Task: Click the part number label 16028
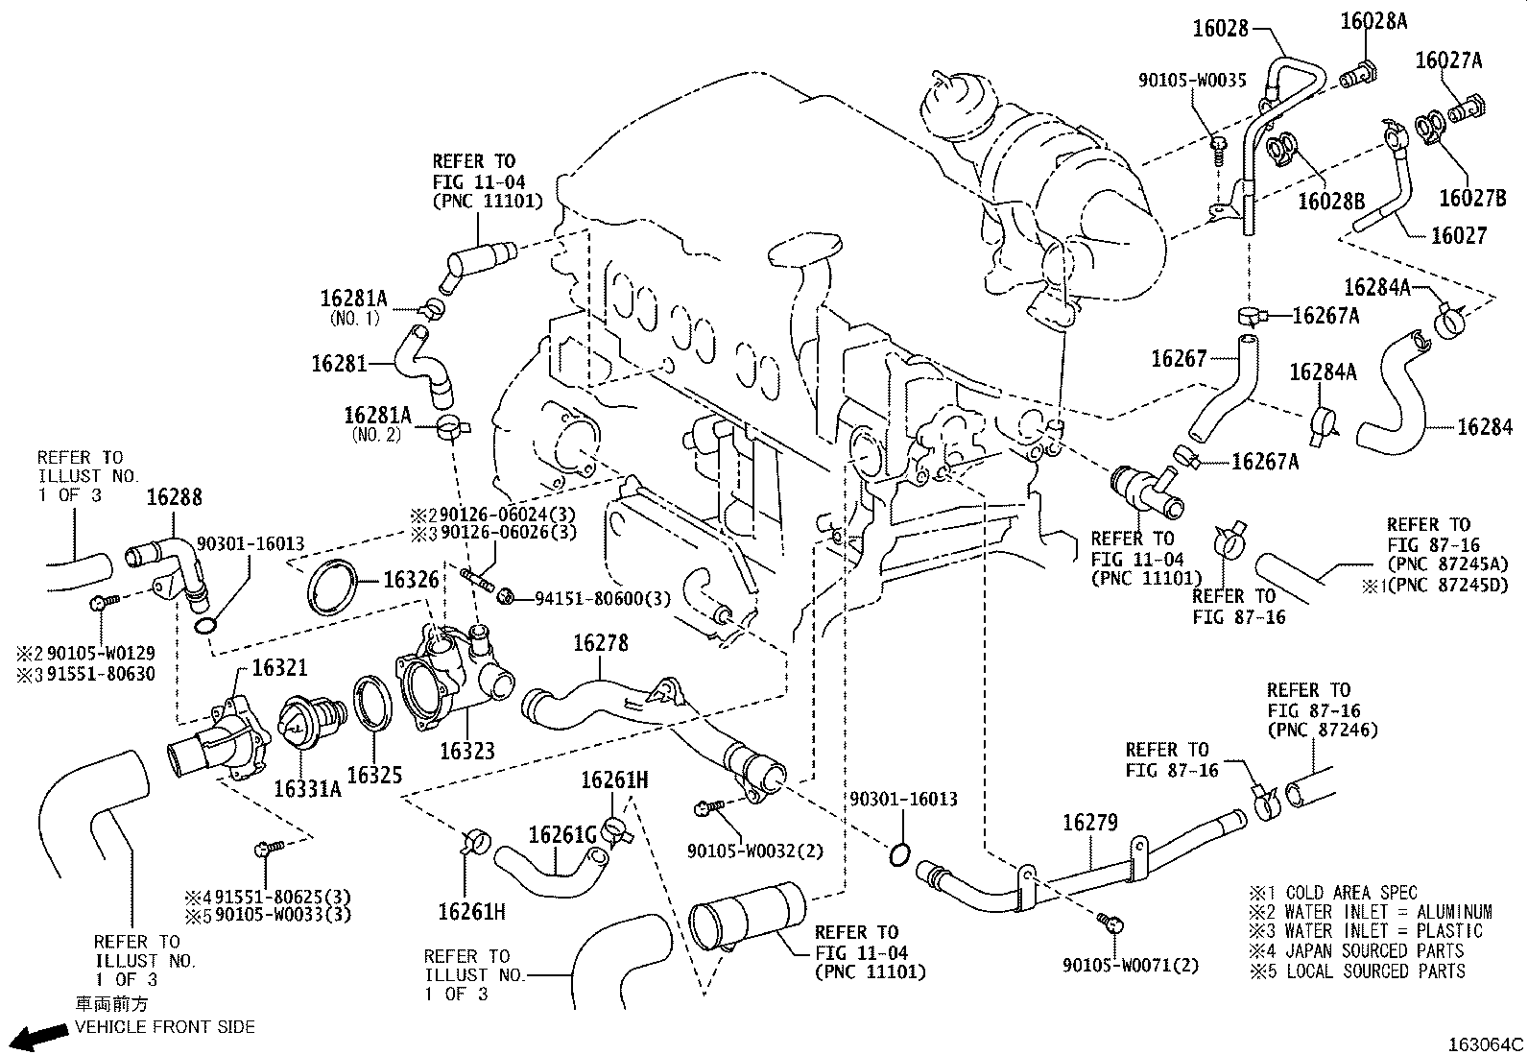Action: click(1221, 29)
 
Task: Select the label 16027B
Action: click(1472, 197)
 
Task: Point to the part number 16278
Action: click(601, 642)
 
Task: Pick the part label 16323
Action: click(466, 751)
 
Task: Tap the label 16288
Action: click(175, 497)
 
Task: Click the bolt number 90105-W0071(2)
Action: click(1131, 965)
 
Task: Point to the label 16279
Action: click(1090, 823)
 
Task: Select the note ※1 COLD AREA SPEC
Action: click(1333, 893)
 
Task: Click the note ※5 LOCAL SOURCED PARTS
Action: click(1356, 971)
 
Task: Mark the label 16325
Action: click(374, 774)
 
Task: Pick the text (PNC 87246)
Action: click(1323, 731)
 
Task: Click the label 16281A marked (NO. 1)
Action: click(353, 299)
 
